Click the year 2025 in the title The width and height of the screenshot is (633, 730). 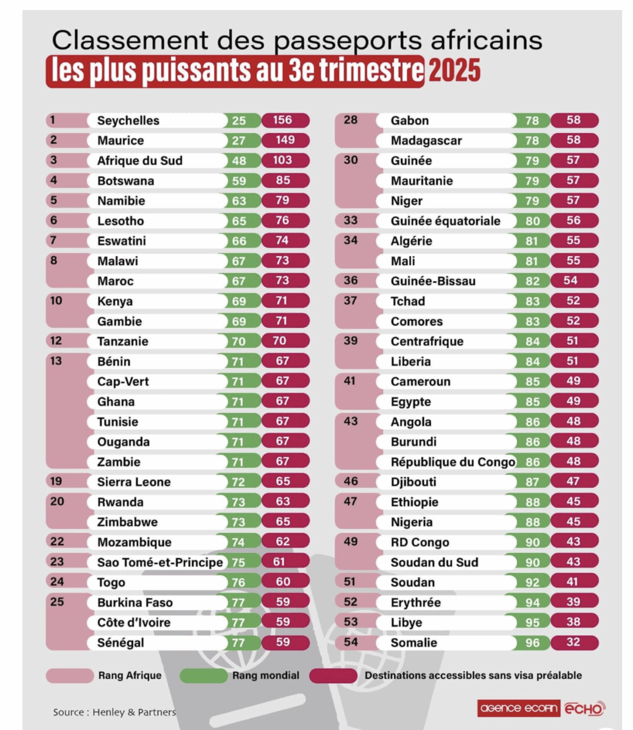point(454,70)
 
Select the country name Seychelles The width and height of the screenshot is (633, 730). point(128,121)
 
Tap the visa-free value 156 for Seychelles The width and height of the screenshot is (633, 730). point(282,120)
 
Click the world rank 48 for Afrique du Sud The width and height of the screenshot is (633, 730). point(239,161)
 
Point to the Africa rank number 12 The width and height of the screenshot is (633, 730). point(56,341)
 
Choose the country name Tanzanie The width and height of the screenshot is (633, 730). point(123,341)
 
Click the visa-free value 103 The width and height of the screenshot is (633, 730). point(282,160)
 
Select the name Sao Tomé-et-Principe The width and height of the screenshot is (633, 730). point(160,562)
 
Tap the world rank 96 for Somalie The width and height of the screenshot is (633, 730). point(532,643)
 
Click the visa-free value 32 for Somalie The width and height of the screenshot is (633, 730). point(573,642)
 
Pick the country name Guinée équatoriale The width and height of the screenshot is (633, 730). point(445,221)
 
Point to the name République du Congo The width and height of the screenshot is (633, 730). point(453,462)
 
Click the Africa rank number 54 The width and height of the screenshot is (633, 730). point(351,642)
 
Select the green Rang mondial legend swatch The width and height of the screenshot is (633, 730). point(204,675)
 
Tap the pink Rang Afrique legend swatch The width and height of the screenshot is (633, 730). point(69,675)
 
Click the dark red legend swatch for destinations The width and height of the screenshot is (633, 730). point(333,675)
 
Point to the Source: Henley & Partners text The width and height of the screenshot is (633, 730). point(114,712)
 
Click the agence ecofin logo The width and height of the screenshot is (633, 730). point(518,708)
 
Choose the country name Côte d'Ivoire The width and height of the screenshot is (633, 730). point(134,623)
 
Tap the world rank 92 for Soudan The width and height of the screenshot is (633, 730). point(532,582)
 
